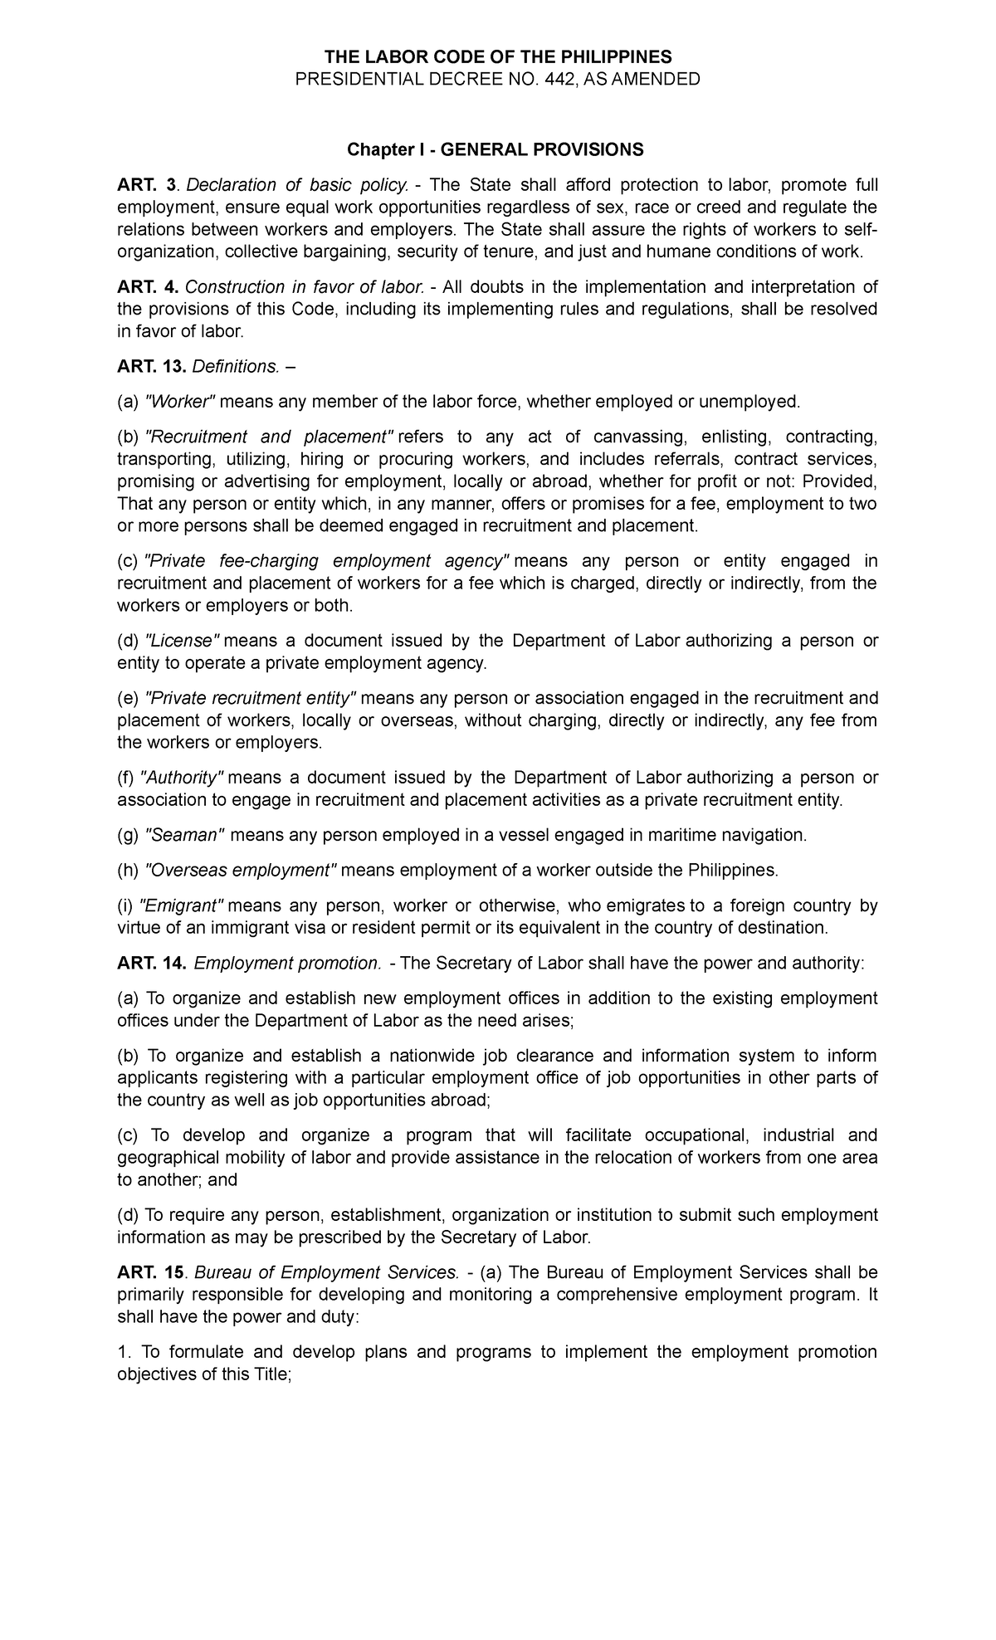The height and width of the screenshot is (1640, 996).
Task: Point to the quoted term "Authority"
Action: click(x=183, y=778)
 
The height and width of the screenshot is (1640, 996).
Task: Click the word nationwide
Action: click(x=441, y=1056)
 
